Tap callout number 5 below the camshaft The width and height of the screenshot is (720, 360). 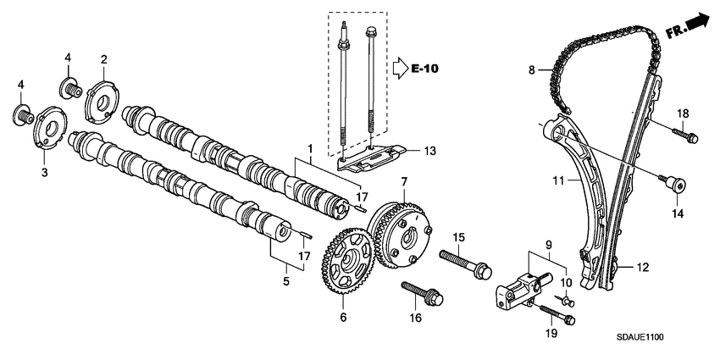(x=285, y=280)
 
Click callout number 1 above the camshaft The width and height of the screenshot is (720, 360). (x=311, y=149)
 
